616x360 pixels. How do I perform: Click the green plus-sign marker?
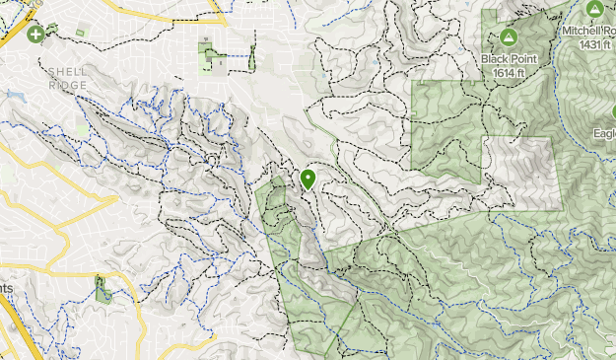(35, 35)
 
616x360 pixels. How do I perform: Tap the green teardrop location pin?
(308, 179)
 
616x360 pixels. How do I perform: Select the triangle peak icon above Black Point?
(509, 38)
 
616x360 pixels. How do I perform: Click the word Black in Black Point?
(496, 58)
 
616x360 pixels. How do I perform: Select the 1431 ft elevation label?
(594, 44)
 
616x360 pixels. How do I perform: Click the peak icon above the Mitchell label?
(593, 9)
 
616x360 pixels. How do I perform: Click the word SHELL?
(66, 72)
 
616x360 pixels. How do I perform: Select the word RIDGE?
(69, 86)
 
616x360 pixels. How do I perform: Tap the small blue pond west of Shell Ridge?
(14, 96)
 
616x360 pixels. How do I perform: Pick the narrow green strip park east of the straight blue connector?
(252, 57)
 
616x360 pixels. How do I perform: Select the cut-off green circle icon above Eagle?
(611, 110)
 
